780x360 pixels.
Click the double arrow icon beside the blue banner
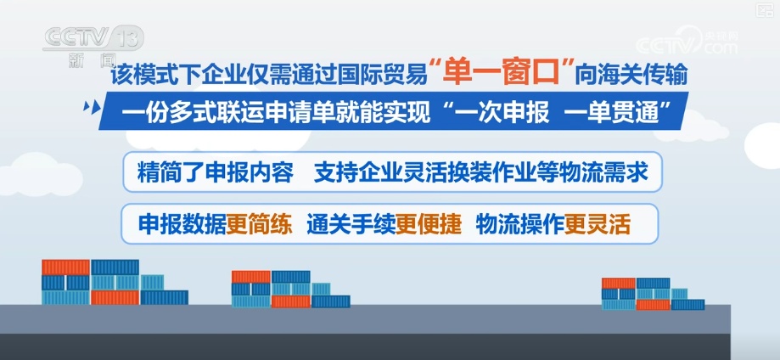(x=87, y=110)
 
